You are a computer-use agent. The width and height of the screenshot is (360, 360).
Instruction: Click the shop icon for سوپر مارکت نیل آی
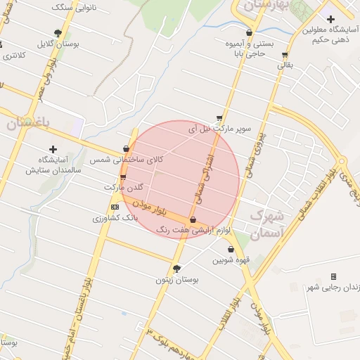pos(219,119)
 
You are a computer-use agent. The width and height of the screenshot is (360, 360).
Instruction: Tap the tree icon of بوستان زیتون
pos(176,269)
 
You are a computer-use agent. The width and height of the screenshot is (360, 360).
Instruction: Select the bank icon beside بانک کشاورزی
pos(115,207)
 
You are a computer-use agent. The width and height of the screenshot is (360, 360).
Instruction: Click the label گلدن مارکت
pos(124,188)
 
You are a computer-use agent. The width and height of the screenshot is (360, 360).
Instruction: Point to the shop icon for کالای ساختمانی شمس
pos(126,148)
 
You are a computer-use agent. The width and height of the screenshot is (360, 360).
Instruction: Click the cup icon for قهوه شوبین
pos(231,249)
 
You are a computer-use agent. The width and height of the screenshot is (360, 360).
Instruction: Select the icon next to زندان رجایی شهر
pos(333,276)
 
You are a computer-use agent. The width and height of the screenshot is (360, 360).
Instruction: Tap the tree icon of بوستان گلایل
pos(58,32)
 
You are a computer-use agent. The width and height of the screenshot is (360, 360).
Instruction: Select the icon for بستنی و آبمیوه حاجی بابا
pos(250,32)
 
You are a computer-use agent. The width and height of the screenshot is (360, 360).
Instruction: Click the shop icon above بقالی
pos(284,54)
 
